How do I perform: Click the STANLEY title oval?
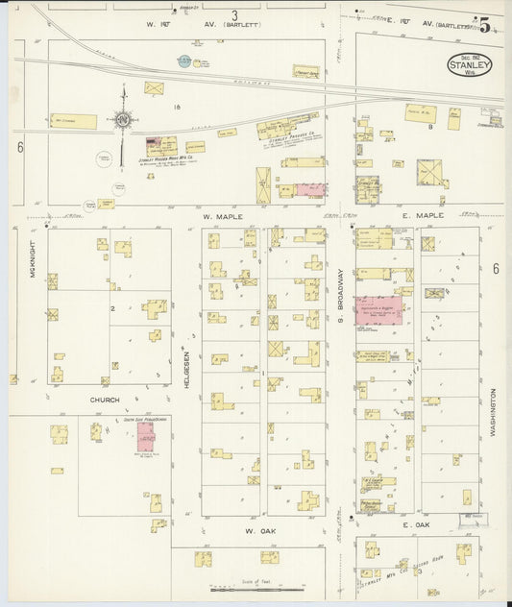[x=470, y=65]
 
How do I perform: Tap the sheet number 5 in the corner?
[x=487, y=26]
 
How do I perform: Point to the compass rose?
[x=123, y=119]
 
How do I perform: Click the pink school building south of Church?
[x=145, y=438]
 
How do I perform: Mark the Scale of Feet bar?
[x=256, y=588]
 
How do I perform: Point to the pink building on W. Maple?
[x=309, y=190]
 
